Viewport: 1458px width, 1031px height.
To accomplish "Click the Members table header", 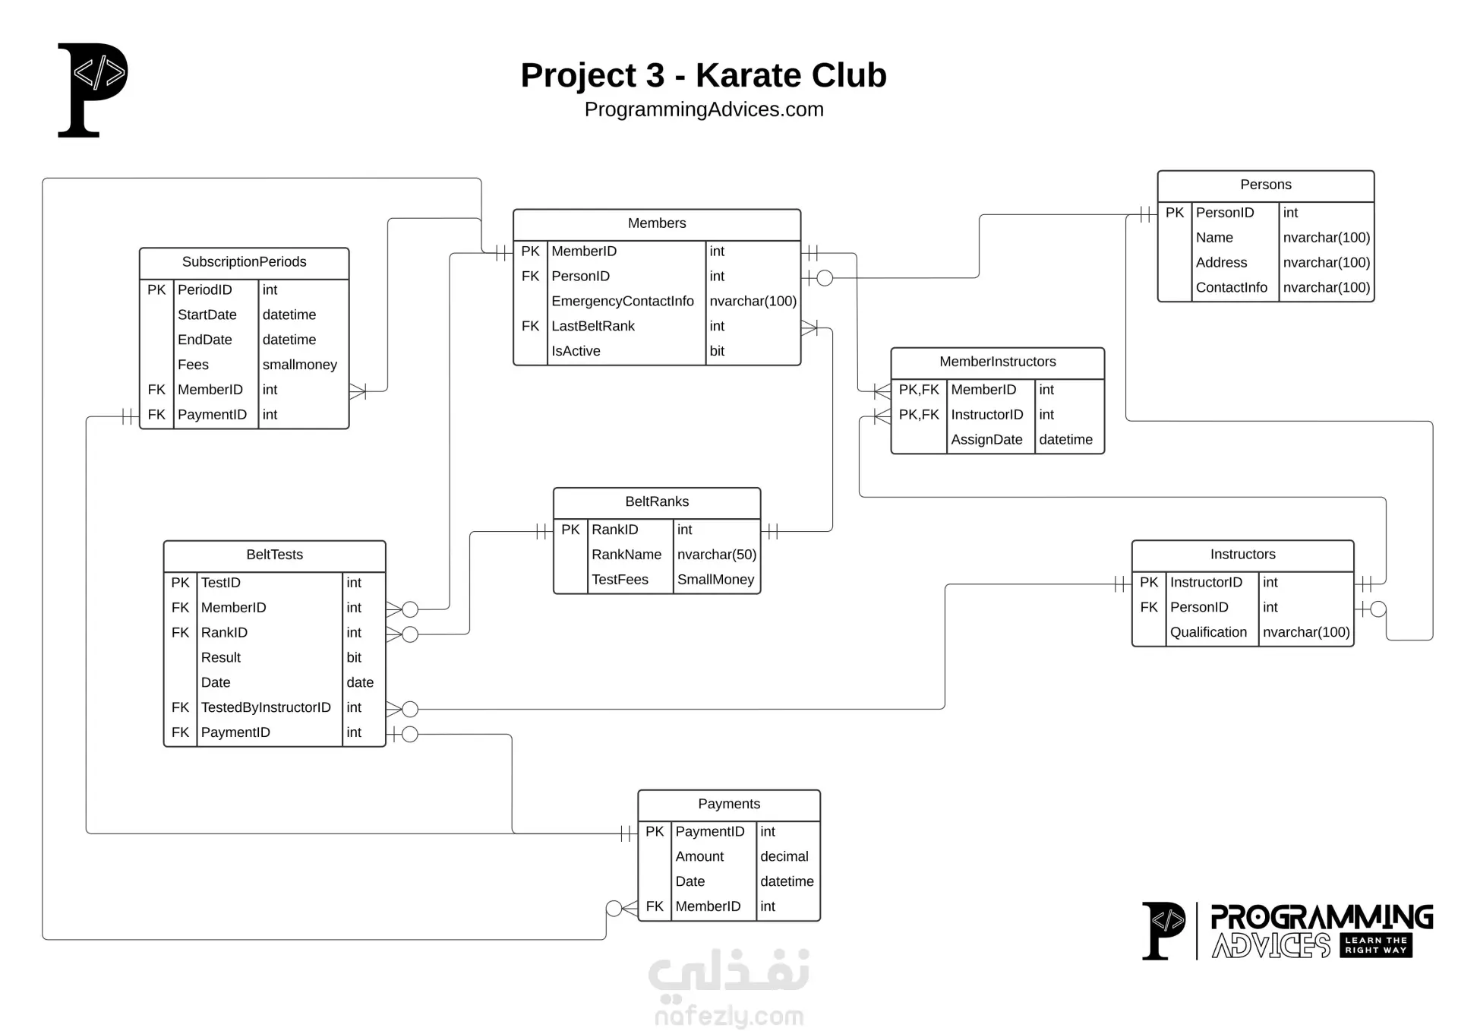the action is (657, 223).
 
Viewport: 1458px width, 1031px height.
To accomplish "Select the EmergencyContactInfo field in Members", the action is (623, 302).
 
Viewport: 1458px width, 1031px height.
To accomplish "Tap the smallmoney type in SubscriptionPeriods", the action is (300, 365).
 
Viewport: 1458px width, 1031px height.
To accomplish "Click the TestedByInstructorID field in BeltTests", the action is (266, 707).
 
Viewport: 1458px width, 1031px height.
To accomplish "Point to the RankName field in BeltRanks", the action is (626, 555).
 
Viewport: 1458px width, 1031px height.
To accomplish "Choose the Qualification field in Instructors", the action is (1208, 632).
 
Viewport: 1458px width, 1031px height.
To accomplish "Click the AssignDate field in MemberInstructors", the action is (986, 440).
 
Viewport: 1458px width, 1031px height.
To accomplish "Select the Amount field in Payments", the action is (699, 856).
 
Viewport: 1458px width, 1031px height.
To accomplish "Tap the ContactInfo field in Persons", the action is (1231, 287).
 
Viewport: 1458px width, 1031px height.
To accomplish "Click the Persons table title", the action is (1265, 185).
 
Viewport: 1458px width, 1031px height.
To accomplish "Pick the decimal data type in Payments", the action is (784, 856).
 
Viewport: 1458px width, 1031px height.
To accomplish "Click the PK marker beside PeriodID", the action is (156, 289).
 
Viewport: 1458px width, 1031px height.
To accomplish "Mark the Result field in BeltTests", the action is (220, 657).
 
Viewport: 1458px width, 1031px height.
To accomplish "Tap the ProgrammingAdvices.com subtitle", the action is (704, 109).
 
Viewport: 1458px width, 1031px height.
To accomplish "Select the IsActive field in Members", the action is (576, 351).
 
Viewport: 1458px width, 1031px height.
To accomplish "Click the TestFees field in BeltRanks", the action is (620, 580).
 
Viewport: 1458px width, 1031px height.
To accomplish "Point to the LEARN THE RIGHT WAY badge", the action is (1376, 945).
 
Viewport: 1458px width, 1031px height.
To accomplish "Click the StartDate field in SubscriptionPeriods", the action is (207, 315).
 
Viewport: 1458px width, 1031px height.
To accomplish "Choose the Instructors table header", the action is (1242, 555).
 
